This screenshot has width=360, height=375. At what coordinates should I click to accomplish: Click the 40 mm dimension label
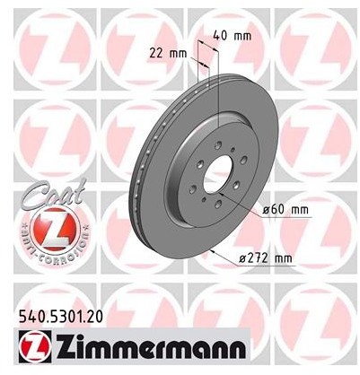(233, 36)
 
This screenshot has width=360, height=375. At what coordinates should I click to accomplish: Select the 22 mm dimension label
(168, 54)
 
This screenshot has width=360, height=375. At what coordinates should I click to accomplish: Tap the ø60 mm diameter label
(285, 209)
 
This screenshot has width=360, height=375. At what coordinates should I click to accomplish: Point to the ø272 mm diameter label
(265, 257)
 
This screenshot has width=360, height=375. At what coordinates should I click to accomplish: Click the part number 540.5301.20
(61, 317)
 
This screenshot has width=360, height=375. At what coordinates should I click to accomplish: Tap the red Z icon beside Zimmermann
(35, 346)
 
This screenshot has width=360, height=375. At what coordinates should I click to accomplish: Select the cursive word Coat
(53, 196)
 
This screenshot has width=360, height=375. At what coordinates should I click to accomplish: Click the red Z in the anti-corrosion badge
(57, 231)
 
